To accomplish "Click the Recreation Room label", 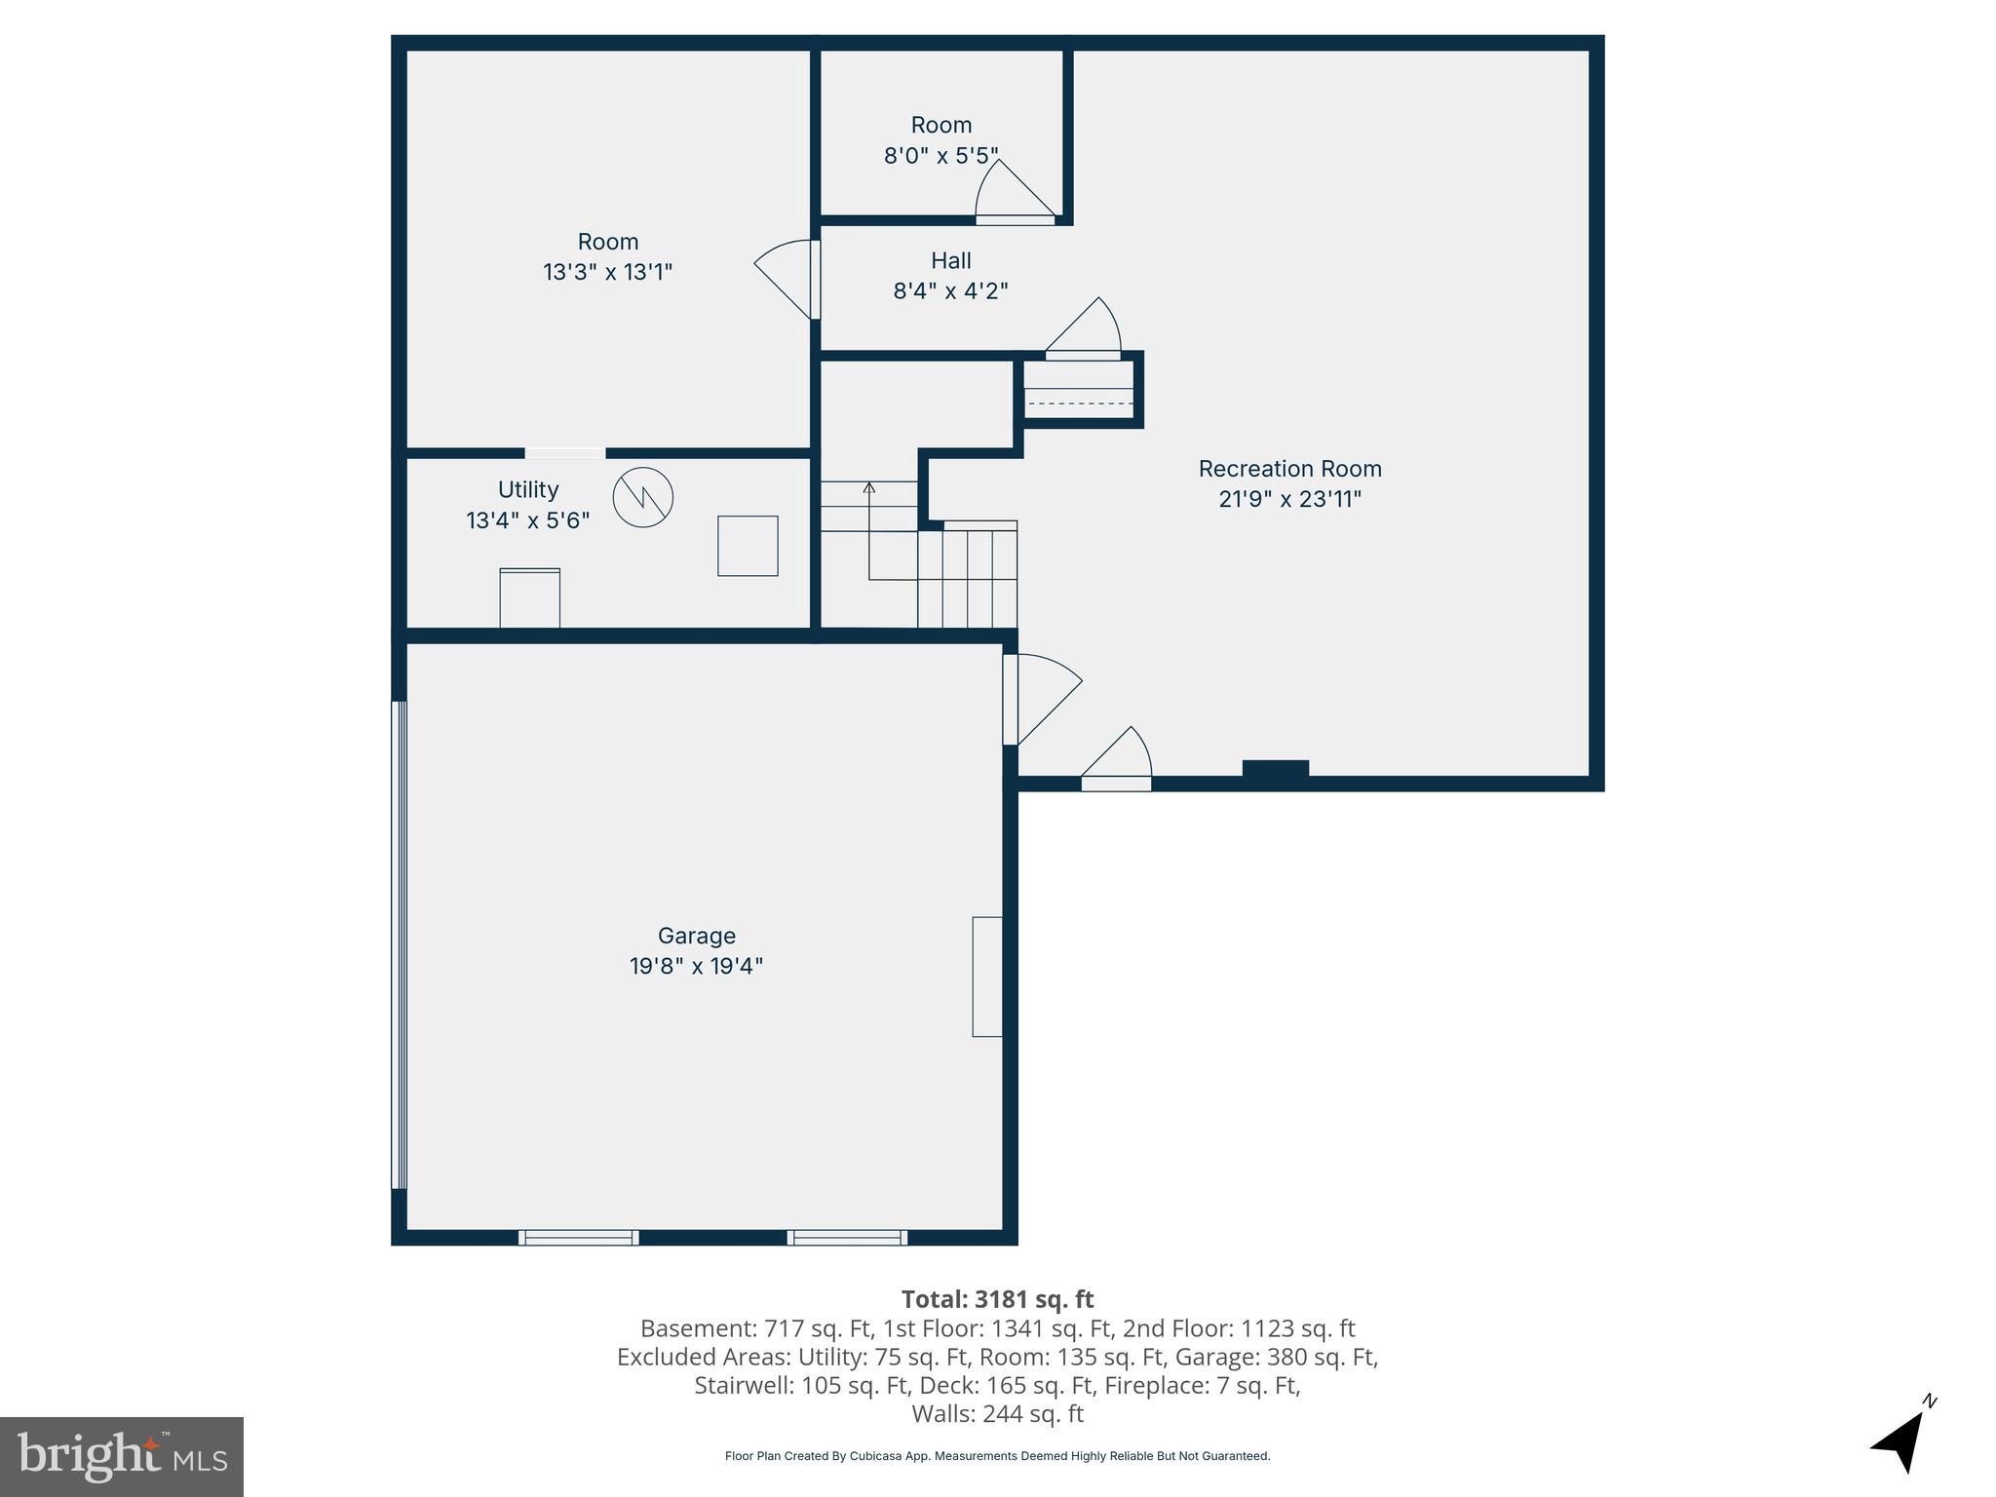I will [1289, 469].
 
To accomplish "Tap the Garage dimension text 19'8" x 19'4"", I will [696, 966].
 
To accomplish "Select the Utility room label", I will [527, 489].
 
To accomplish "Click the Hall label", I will [950, 260].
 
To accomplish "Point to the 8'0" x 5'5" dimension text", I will [940, 156].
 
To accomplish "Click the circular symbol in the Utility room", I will [642, 498].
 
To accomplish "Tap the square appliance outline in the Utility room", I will [748, 546].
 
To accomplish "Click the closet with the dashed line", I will [1079, 390].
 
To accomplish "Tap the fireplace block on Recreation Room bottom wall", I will [1275, 769].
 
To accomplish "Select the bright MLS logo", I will [122, 1456].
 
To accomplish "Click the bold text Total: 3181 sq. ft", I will [997, 1299].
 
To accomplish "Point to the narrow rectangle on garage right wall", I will [986, 976].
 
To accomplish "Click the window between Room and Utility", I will [565, 453].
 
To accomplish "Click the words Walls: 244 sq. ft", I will [997, 1413].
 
